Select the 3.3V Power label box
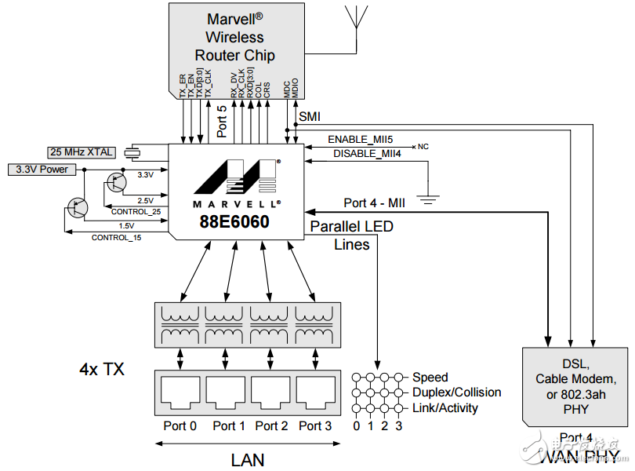point(37,169)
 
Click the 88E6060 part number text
point(234,222)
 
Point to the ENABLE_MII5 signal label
point(360,139)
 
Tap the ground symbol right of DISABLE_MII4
point(427,199)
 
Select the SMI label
point(310,116)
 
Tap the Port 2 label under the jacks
point(270,425)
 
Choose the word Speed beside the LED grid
point(430,378)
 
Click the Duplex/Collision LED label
point(457,392)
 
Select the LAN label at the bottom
point(247,459)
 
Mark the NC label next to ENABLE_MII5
point(423,147)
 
